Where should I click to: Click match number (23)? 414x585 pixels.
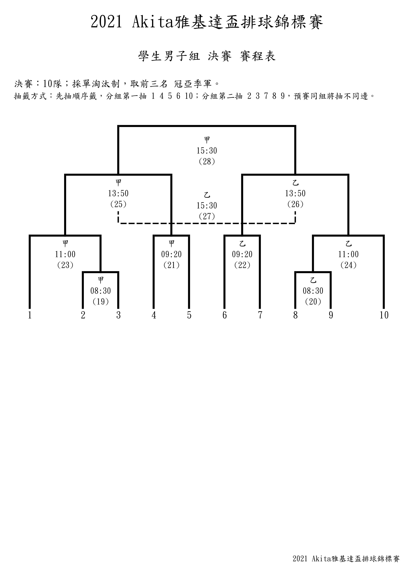[x=65, y=265]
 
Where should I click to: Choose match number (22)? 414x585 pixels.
[x=242, y=265]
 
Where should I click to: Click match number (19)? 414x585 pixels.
[x=101, y=302]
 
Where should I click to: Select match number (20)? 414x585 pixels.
[x=313, y=302]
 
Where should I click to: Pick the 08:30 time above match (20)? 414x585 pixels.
[x=313, y=291]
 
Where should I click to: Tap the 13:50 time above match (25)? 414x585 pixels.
[x=118, y=193]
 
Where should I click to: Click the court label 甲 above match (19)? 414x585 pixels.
[x=101, y=280]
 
